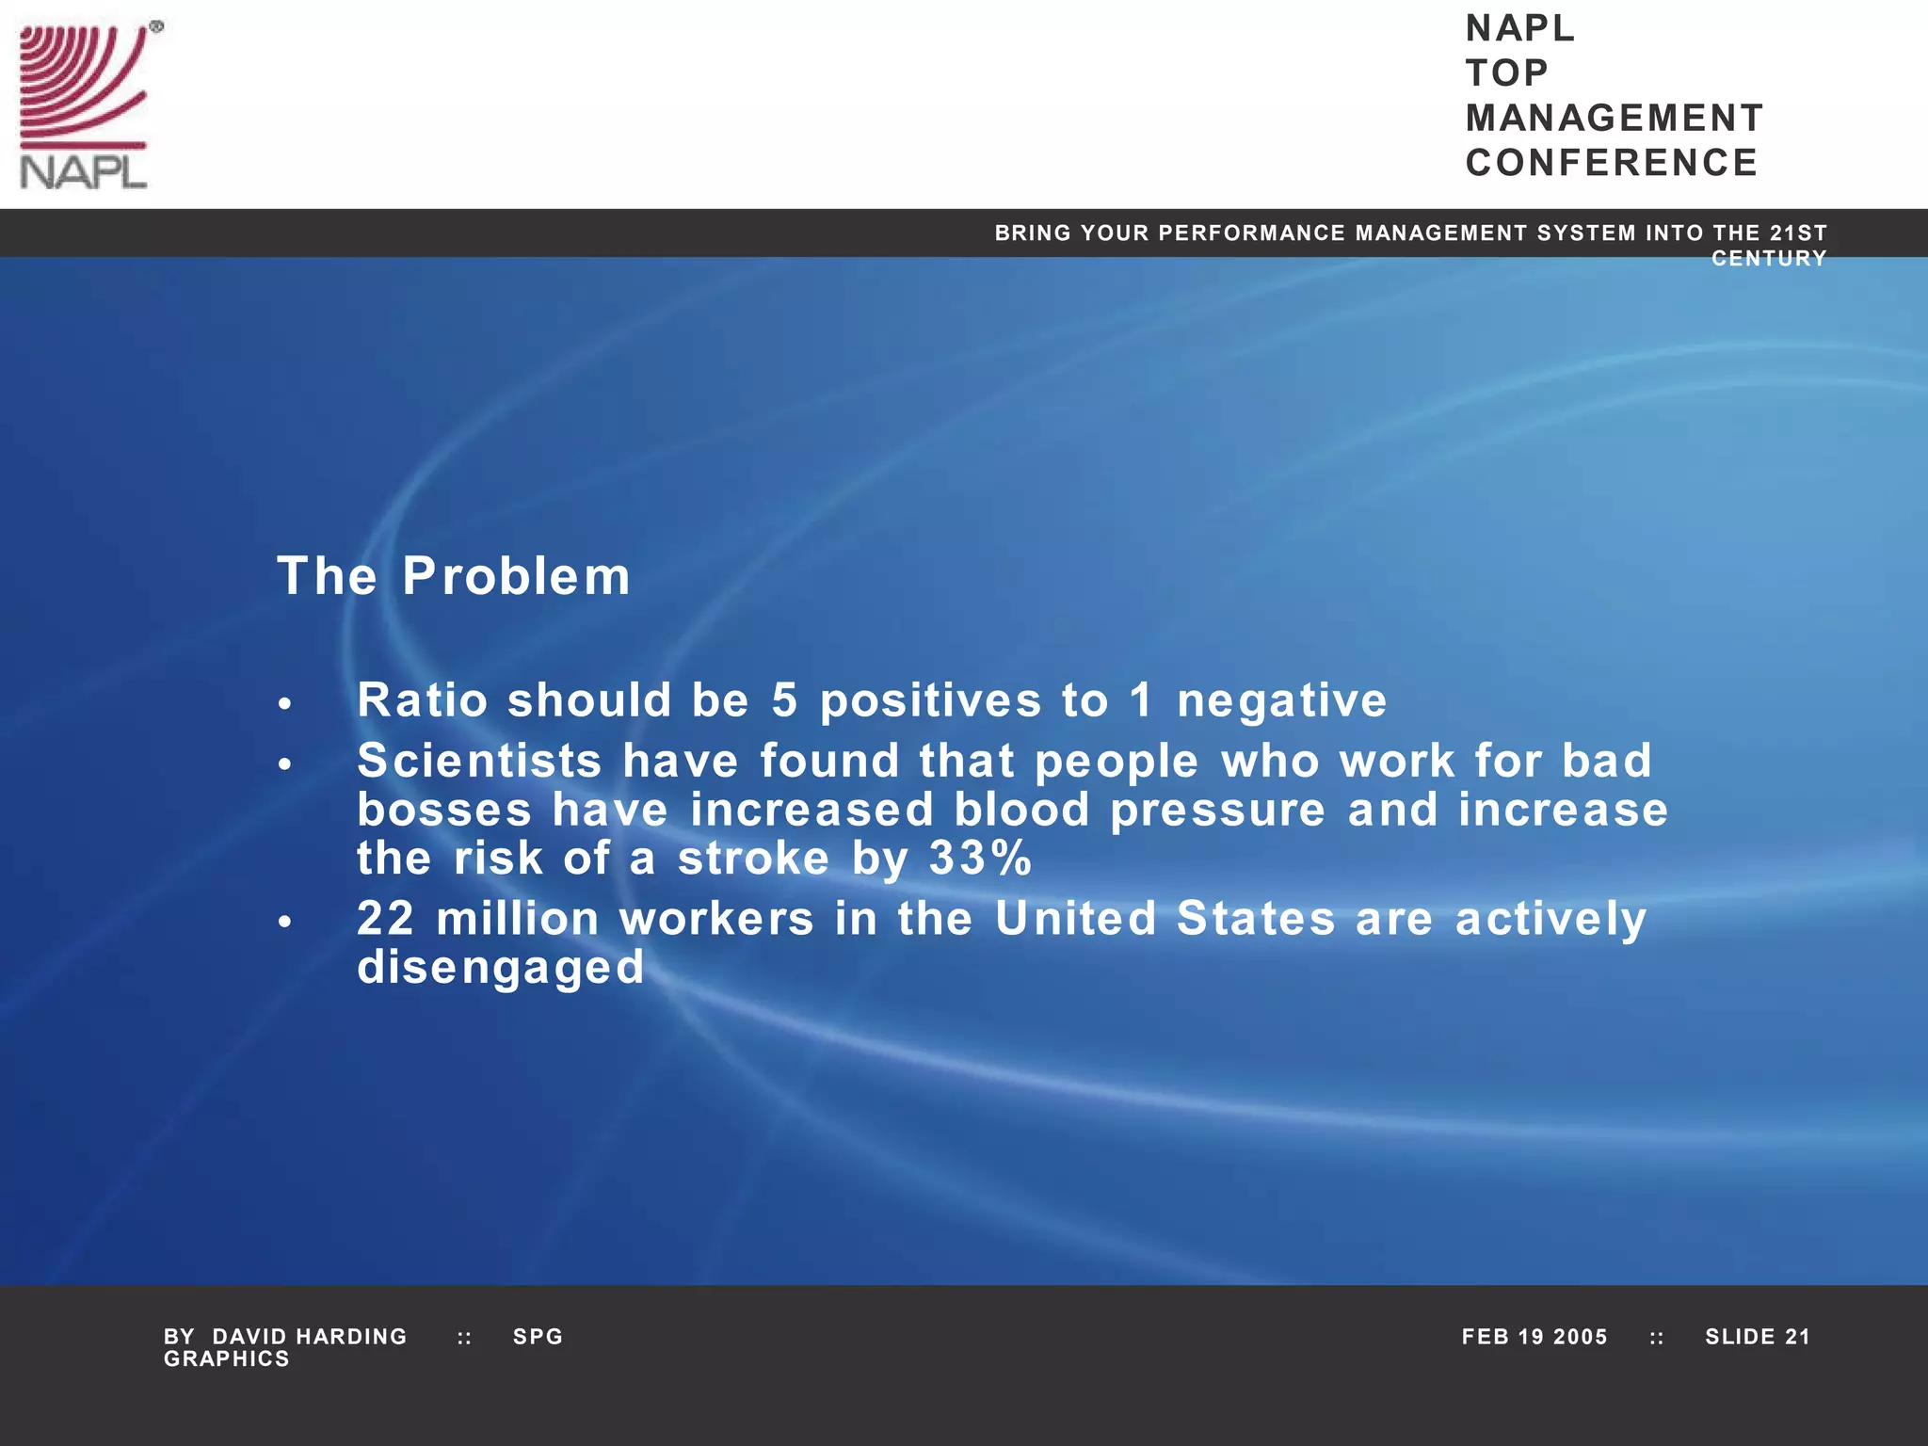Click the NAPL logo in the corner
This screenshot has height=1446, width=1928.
(85, 105)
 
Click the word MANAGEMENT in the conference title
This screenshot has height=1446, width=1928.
(1614, 119)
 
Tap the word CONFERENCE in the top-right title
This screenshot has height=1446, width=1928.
(1611, 163)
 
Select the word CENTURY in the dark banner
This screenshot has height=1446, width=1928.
(1768, 259)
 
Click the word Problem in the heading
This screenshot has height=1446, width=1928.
(516, 576)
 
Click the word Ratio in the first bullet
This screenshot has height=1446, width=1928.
(422, 700)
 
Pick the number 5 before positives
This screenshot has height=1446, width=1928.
(784, 700)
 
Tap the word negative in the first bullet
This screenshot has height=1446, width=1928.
(1281, 701)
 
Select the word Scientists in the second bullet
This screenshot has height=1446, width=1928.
(479, 761)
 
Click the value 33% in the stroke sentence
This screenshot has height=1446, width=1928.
(980, 858)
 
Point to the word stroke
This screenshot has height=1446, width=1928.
(753, 858)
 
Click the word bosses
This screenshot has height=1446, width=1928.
(443, 810)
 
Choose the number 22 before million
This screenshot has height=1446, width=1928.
(385, 919)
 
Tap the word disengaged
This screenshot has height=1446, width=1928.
(501, 968)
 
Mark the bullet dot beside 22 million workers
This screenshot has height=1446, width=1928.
(285, 922)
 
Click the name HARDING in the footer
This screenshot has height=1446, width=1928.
(351, 1337)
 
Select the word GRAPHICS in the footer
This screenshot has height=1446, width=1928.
(226, 1359)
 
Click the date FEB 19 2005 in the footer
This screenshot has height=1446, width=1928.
(1534, 1337)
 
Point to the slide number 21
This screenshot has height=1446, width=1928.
(1797, 1337)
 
